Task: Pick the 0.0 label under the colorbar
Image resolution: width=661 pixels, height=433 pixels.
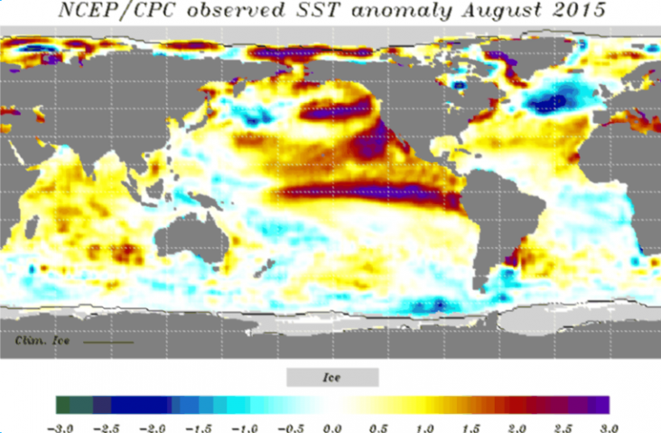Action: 333,425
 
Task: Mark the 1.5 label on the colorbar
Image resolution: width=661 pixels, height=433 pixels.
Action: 471,425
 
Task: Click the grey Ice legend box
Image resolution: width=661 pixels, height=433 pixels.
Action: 332,376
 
